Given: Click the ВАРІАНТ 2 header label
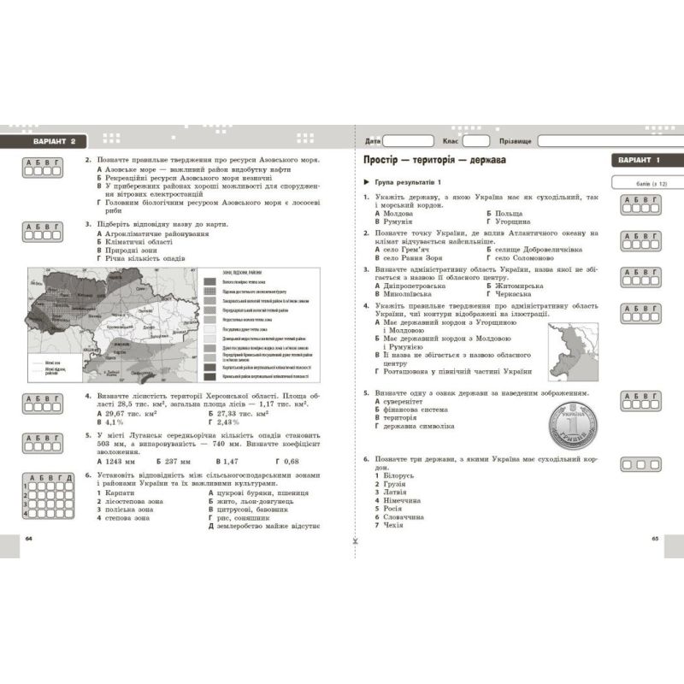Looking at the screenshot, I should (x=51, y=141).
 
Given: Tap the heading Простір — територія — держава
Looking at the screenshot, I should (x=433, y=160).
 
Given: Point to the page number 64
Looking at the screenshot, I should (x=28, y=538).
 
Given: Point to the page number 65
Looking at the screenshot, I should (x=656, y=538).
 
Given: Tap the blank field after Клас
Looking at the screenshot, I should (x=476, y=141).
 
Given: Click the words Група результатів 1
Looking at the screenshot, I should (x=407, y=182).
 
